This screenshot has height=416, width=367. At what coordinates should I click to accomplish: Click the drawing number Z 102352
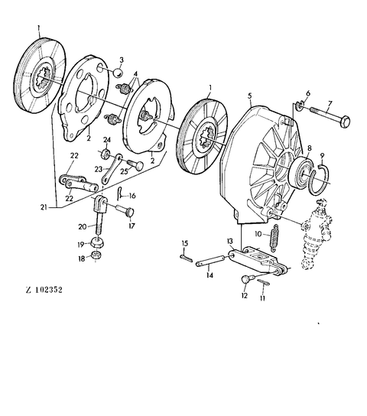tap(44, 290)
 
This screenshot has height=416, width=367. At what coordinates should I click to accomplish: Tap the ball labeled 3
tap(118, 73)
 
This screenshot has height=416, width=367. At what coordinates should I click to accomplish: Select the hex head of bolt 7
tap(346, 122)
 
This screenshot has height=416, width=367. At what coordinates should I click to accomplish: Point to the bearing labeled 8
tap(301, 173)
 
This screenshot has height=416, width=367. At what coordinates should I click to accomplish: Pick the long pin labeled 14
tap(210, 261)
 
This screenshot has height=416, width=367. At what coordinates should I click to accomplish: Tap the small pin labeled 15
tap(186, 258)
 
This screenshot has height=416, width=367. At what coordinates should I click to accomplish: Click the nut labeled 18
tap(96, 255)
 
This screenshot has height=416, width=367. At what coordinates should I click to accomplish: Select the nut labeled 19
tap(97, 242)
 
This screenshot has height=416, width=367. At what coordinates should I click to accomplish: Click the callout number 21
tap(44, 207)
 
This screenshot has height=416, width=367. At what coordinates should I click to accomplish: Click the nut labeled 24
tap(106, 154)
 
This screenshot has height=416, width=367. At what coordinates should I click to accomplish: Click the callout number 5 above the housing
tap(250, 96)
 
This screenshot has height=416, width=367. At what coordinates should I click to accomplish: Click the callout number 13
tap(229, 241)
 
